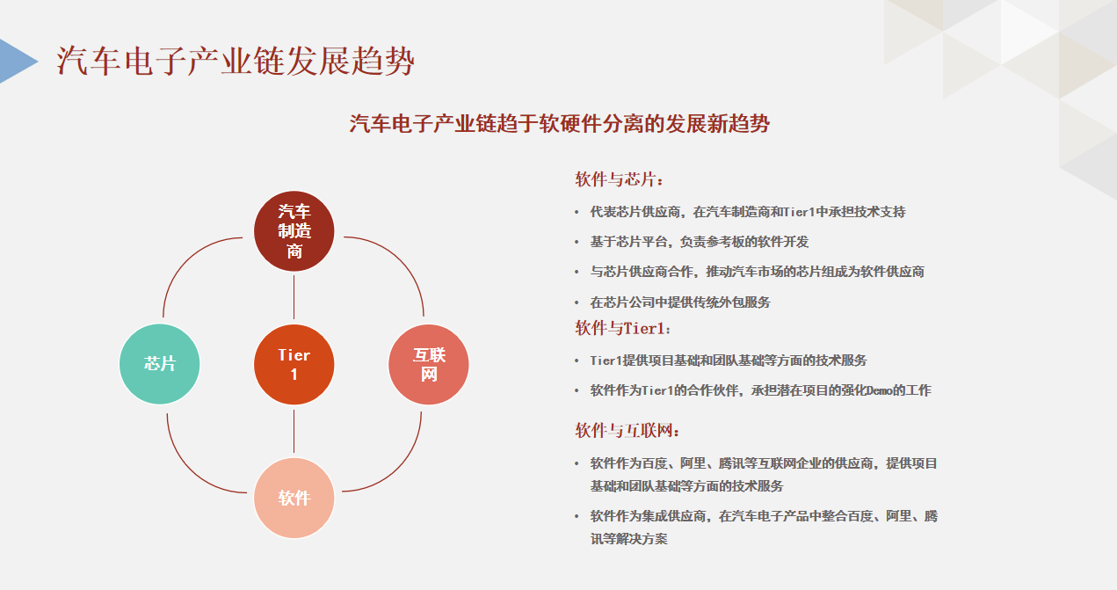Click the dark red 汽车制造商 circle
coord(294,231)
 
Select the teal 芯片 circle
coord(160,364)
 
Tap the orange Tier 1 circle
coord(294,365)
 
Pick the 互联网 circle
coord(429,365)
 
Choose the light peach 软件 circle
coord(294,498)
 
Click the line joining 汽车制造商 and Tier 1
coord(294,297)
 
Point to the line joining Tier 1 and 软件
coord(294,432)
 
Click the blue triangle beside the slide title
coord(18,61)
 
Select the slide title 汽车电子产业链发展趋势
coord(236,61)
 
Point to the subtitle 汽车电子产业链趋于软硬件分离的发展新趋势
coord(559,124)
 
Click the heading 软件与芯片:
coord(619,179)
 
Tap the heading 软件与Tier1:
coord(623,328)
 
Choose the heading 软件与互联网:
coord(627,430)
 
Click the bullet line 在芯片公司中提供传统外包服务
coord(680,302)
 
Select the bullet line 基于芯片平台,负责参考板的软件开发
coord(700,242)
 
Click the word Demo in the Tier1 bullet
coord(879,390)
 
